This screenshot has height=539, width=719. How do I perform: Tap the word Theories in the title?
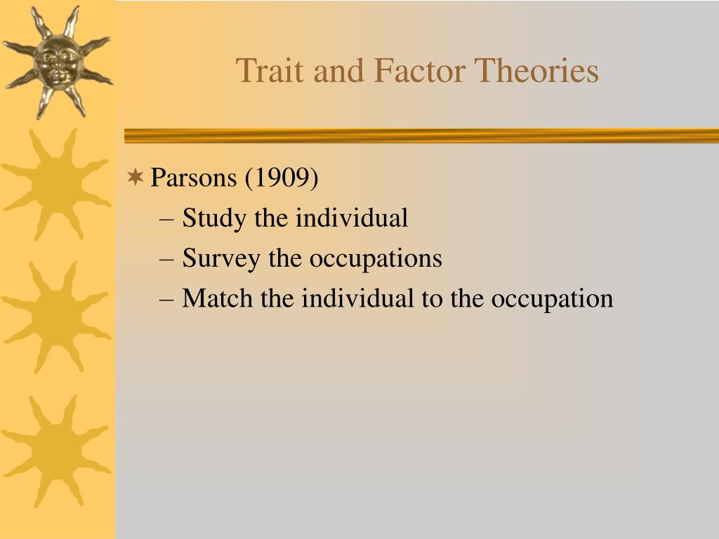point(537,71)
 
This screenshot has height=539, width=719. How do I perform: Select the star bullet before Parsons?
point(136,178)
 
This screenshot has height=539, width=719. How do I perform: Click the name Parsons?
point(194,178)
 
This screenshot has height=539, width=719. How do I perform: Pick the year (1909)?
point(281,178)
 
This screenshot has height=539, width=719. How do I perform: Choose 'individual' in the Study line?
point(351,218)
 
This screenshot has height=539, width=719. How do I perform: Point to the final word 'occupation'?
point(552,299)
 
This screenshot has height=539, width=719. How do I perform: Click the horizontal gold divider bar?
point(421,135)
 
